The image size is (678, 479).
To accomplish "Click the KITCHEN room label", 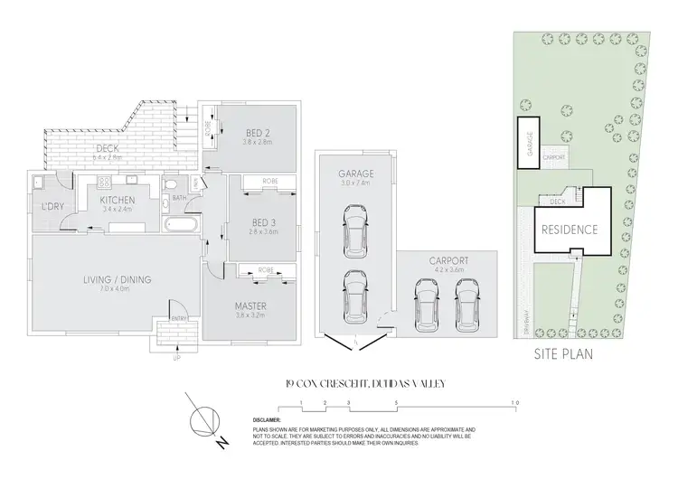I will tap(118, 200).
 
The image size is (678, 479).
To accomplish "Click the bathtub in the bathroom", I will tap(184, 222).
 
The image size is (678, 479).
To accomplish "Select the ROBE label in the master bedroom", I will tap(265, 269).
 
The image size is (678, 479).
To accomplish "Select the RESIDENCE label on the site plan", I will tap(570, 230).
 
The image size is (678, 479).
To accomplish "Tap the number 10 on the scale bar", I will tap(513, 401).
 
